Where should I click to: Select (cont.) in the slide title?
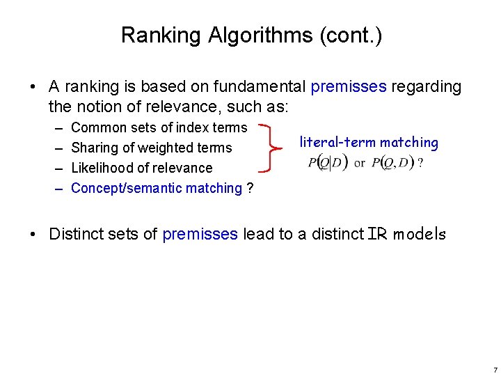[356, 35]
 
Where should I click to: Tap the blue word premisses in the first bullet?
[349, 87]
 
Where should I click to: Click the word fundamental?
[260, 87]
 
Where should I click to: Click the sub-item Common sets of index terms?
[159, 127]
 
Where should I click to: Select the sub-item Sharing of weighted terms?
[152, 148]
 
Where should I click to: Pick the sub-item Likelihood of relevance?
[142, 168]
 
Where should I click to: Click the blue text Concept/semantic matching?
[157, 188]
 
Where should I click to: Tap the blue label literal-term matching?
[369, 143]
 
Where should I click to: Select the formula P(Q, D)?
[393, 163]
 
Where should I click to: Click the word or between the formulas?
[360, 164]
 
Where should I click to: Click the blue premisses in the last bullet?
[200, 234]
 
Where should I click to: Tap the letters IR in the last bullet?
[376, 234]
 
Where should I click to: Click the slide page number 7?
[494, 369]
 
